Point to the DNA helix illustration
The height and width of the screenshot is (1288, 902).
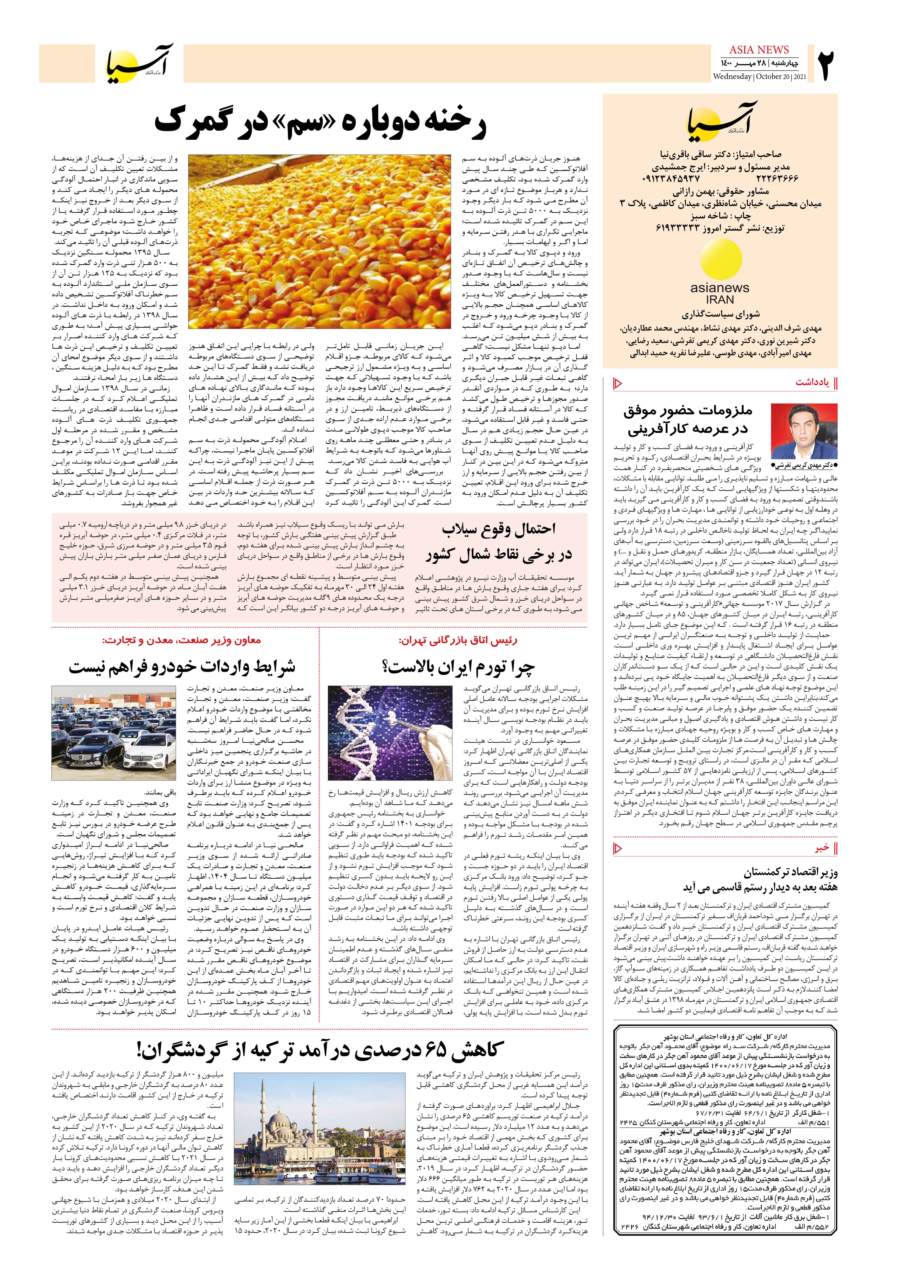pyautogui.click(x=390, y=733)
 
